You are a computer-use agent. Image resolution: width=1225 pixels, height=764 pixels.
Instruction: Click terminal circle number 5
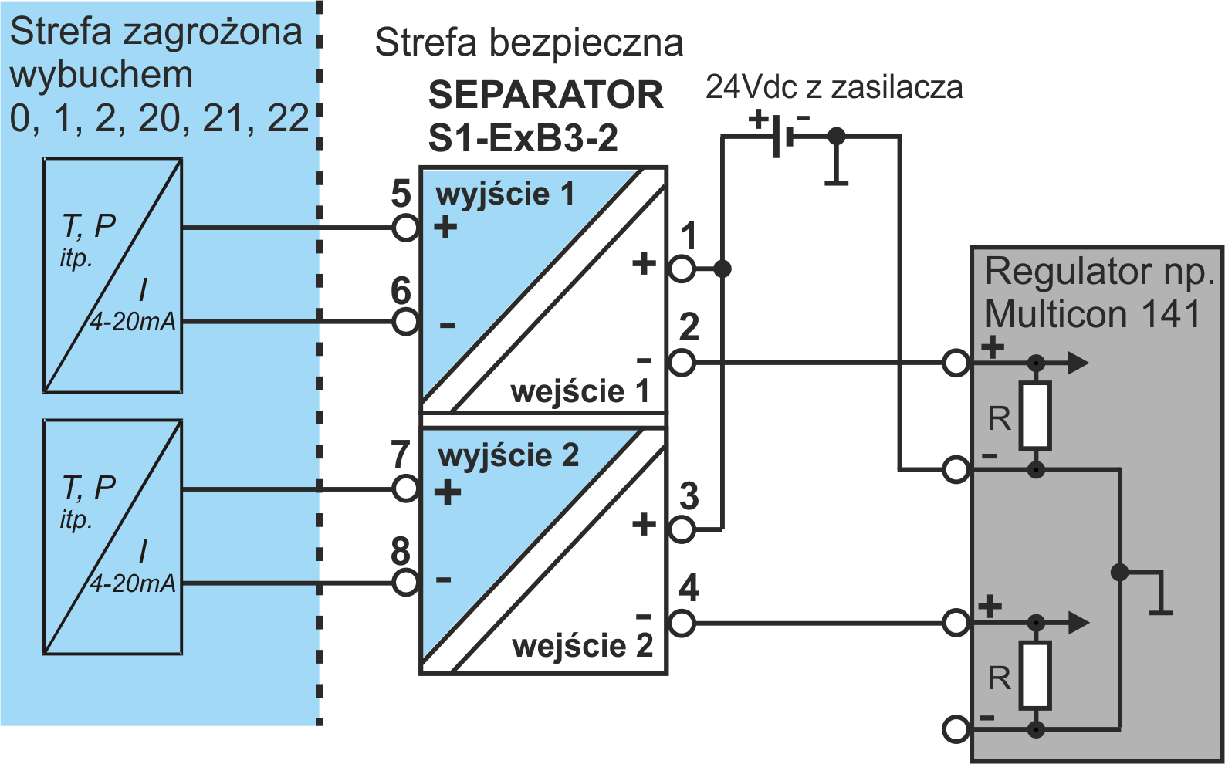tap(405, 228)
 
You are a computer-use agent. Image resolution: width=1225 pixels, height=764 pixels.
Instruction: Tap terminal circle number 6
tap(405, 321)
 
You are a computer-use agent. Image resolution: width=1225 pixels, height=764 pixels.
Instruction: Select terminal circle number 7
tap(405, 488)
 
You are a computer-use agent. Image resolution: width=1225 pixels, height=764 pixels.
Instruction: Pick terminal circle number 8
tap(405, 583)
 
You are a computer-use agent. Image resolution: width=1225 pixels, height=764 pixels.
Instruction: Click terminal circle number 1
tap(682, 269)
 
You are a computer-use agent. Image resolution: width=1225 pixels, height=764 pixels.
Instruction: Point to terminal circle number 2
tap(682, 363)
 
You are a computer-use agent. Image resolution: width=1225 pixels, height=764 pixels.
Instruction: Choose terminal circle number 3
tap(682, 529)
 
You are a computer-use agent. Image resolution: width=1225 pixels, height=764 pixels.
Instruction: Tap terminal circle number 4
tap(682, 623)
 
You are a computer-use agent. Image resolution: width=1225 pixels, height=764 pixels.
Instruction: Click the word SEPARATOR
tap(546, 95)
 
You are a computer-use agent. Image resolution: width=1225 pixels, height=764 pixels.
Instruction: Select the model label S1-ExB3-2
tap(523, 139)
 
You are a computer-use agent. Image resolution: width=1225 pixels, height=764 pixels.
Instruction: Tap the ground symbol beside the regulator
tap(1160, 598)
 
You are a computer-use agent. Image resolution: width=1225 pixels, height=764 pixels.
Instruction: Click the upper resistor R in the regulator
tap(1034, 416)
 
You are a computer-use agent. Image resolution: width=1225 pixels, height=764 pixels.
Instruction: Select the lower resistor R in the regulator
tap(1034, 675)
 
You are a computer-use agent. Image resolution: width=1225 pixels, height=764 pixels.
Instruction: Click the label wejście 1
tap(580, 391)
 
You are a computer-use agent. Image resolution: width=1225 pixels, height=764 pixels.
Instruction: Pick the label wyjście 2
tap(508, 455)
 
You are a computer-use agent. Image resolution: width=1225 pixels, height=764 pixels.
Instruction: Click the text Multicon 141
tap(1092, 315)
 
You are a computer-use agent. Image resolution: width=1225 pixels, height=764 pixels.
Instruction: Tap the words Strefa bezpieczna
tap(529, 43)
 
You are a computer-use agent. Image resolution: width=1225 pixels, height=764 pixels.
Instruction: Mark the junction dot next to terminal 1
tap(722, 269)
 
